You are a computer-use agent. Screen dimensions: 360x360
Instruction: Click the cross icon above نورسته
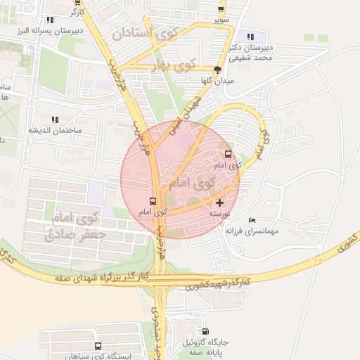tap(219, 202)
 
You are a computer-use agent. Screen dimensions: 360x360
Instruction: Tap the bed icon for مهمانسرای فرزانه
tap(252, 221)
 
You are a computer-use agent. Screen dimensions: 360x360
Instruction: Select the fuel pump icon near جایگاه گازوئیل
tap(205, 332)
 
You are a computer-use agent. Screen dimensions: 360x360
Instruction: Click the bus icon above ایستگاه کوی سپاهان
tap(97, 346)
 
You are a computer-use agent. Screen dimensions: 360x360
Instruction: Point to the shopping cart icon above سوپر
tap(222, 9)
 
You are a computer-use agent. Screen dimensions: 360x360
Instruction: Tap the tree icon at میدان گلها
tap(217, 70)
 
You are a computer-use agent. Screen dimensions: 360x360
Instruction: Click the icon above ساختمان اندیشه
tap(56, 120)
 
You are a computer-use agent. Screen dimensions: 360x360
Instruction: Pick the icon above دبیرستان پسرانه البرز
tap(49, 20)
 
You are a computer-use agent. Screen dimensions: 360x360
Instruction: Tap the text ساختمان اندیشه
tap(55, 131)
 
